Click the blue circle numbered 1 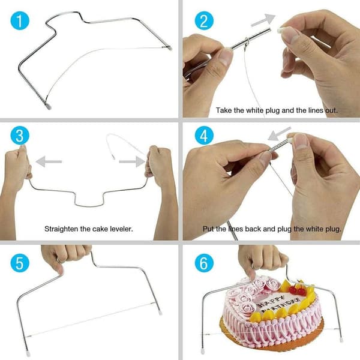click(x=20, y=20)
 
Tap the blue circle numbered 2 click(x=204, y=20)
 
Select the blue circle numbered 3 click(x=20, y=136)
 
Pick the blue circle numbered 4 click(x=204, y=136)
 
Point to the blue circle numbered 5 click(x=20, y=263)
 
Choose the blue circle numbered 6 click(x=204, y=263)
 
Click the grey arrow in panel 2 click(x=263, y=20)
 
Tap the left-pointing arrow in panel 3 click(x=49, y=161)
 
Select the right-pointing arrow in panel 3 click(x=132, y=161)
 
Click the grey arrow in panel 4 click(x=279, y=134)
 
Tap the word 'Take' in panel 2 click(x=224, y=110)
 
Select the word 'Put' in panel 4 click(x=208, y=229)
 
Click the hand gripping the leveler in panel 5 click(x=65, y=258)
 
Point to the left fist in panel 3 click(x=17, y=166)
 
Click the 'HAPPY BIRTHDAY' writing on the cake click(x=278, y=304)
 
